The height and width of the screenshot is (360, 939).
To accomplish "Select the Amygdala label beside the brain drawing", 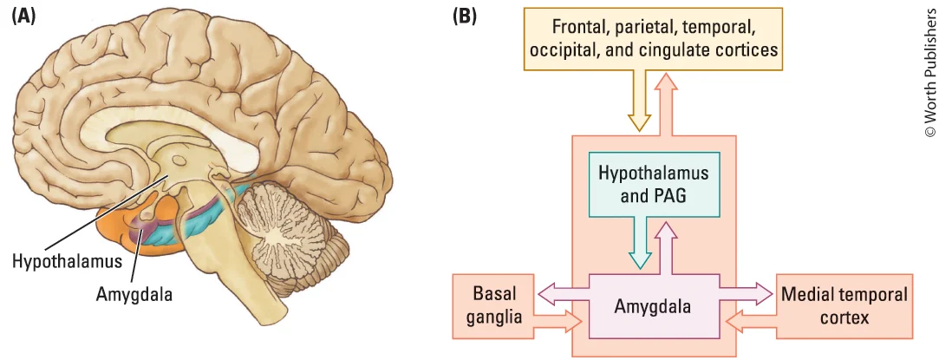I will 134,293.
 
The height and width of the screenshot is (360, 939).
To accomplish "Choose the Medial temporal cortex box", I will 844,305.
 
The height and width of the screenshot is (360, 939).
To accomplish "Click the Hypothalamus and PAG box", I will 653,183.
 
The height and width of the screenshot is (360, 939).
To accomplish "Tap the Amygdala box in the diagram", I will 655,306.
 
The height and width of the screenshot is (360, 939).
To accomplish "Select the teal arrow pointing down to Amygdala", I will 641,243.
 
